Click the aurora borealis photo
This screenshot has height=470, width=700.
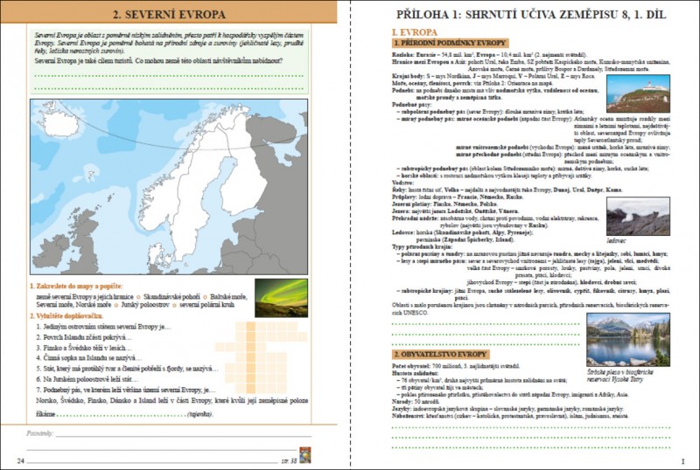coord(280,298)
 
